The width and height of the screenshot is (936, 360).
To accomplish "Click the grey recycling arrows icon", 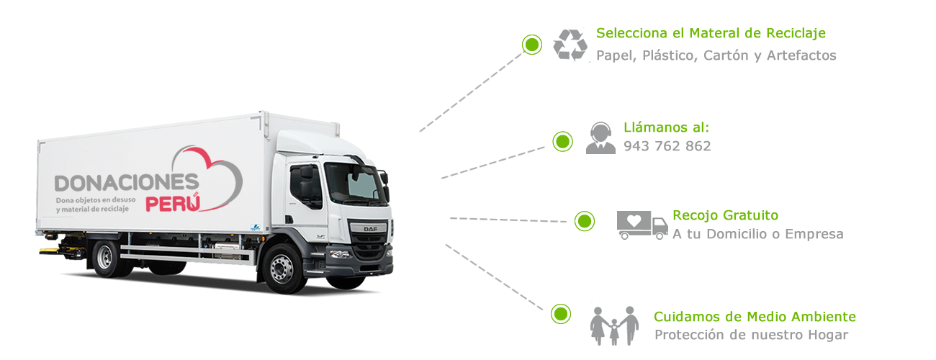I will tap(571, 44).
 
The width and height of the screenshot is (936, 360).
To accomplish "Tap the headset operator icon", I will tap(599, 138).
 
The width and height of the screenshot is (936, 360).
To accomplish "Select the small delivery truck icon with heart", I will tap(642, 224).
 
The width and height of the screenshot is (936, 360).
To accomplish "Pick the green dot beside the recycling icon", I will tap(532, 45).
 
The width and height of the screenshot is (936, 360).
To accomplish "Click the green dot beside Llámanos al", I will tap(562, 141).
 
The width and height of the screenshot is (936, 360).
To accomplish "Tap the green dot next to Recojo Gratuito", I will tap(585, 221).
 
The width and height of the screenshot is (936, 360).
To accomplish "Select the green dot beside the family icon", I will tap(560, 314).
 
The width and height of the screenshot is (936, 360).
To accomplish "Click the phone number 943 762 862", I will tap(667, 146).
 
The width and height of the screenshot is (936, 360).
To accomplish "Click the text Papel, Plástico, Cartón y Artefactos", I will tap(716, 55).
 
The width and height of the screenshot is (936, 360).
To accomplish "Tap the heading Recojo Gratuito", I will tap(725, 215).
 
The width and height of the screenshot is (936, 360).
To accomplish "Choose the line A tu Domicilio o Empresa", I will tap(757, 234).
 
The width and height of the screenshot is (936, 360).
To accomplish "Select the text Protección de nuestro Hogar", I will tap(751, 335).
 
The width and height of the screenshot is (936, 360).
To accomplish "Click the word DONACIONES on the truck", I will tap(127, 183).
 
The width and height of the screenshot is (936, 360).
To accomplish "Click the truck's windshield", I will tap(355, 183).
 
